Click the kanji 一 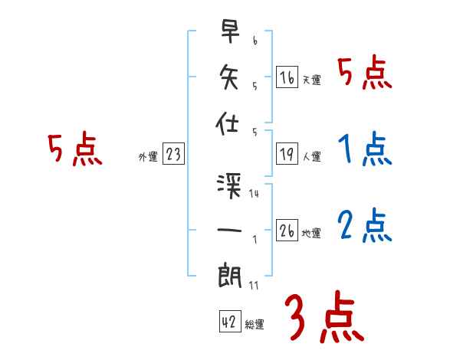click(x=230, y=229)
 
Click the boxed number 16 click(x=287, y=77)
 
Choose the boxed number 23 click(x=173, y=155)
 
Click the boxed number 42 click(x=228, y=322)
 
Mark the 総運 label click(x=254, y=325)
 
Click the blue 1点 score click(x=365, y=149)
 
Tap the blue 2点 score click(x=365, y=225)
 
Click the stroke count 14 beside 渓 click(x=254, y=194)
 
